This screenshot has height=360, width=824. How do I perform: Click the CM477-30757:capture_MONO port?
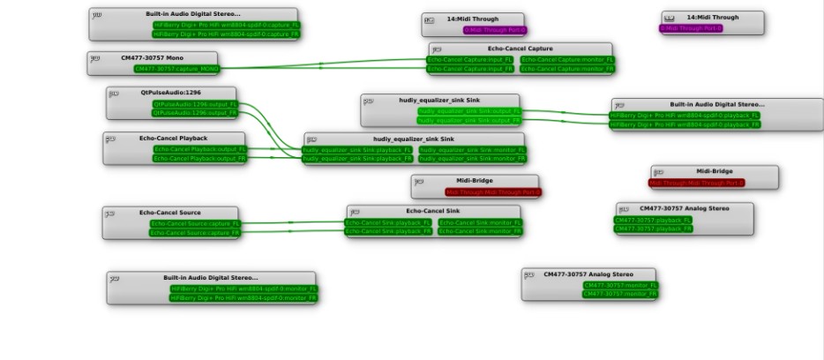(176, 68)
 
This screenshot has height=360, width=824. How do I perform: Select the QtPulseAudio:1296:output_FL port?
(195, 104)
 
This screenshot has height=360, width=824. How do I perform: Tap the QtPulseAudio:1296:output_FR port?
(195, 113)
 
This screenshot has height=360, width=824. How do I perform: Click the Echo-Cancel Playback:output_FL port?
(199, 149)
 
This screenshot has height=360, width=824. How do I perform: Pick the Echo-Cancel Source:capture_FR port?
(194, 233)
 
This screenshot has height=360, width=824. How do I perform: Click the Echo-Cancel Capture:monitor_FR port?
(567, 68)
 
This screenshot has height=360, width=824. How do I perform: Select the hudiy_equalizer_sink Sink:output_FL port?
(467, 111)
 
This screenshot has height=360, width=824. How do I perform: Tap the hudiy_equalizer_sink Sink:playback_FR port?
(357, 159)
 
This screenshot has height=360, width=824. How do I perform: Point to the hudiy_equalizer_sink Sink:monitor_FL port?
(472, 150)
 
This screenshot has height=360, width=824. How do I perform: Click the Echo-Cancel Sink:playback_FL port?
(389, 223)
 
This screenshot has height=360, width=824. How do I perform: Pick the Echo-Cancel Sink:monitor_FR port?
(479, 232)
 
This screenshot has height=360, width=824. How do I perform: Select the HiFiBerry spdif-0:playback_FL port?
(685, 116)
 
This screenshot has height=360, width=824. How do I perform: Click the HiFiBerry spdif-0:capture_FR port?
(226, 34)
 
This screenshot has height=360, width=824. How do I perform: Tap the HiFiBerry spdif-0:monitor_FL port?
(243, 289)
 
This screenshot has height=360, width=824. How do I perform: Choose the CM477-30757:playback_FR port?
(654, 229)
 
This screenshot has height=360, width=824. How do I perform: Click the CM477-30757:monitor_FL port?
(619, 285)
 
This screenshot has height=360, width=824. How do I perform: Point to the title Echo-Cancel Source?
(170, 213)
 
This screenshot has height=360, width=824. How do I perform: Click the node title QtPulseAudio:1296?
(171, 92)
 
